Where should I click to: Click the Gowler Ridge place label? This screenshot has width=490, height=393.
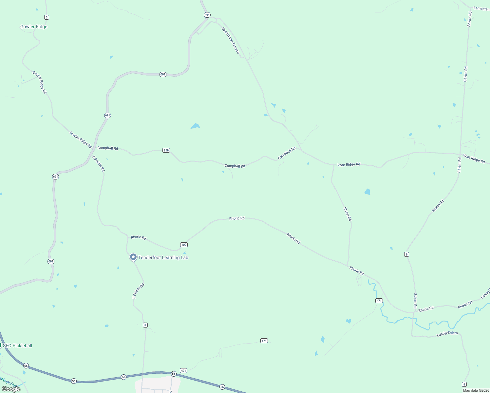[34, 27]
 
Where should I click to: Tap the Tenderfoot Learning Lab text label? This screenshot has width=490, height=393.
[163, 258]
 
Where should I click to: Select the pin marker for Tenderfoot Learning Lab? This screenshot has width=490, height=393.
[133, 257]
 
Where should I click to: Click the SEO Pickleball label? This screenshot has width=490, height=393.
[17, 346]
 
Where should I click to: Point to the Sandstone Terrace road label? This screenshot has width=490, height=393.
[231, 40]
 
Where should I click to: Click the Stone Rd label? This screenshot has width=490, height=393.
[348, 214]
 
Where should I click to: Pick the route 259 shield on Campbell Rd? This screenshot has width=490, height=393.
[166, 150]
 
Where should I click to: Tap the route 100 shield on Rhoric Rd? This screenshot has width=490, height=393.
[184, 245]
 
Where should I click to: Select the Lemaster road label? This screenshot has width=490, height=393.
[481, 9]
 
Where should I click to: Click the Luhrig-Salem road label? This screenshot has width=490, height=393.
[447, 333]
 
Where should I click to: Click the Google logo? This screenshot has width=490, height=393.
[11, 389]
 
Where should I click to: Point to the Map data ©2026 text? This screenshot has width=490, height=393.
[476, 390]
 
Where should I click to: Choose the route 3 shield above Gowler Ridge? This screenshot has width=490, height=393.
[47, 17]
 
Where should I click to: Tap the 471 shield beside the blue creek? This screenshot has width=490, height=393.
[379, 301]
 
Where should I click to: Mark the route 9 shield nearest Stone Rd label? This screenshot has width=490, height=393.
[406, 254]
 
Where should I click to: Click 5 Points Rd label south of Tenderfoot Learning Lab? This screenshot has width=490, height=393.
[138, 291]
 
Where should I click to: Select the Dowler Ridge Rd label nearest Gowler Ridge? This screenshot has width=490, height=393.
[40, 82]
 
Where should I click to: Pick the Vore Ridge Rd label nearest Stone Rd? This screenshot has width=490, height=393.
[349, 164]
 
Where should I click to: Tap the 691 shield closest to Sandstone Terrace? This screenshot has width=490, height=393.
[207, 15]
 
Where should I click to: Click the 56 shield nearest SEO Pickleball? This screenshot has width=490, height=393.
[26, 365]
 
